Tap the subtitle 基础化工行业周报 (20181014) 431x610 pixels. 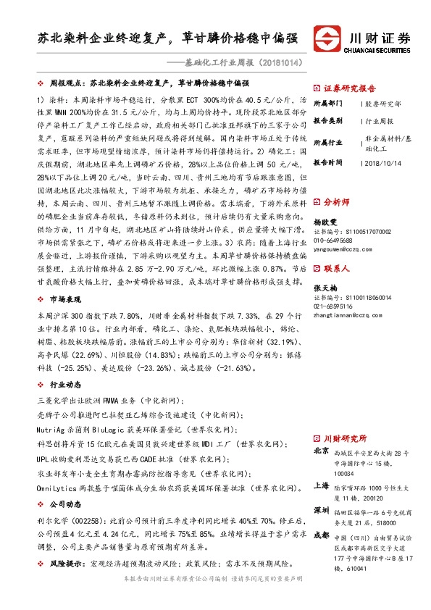(x=240, y=62)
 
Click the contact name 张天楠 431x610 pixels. (x=326, y=288)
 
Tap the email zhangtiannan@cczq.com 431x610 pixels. (x=349, y=315)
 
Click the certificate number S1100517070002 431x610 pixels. (x=367, y=232)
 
